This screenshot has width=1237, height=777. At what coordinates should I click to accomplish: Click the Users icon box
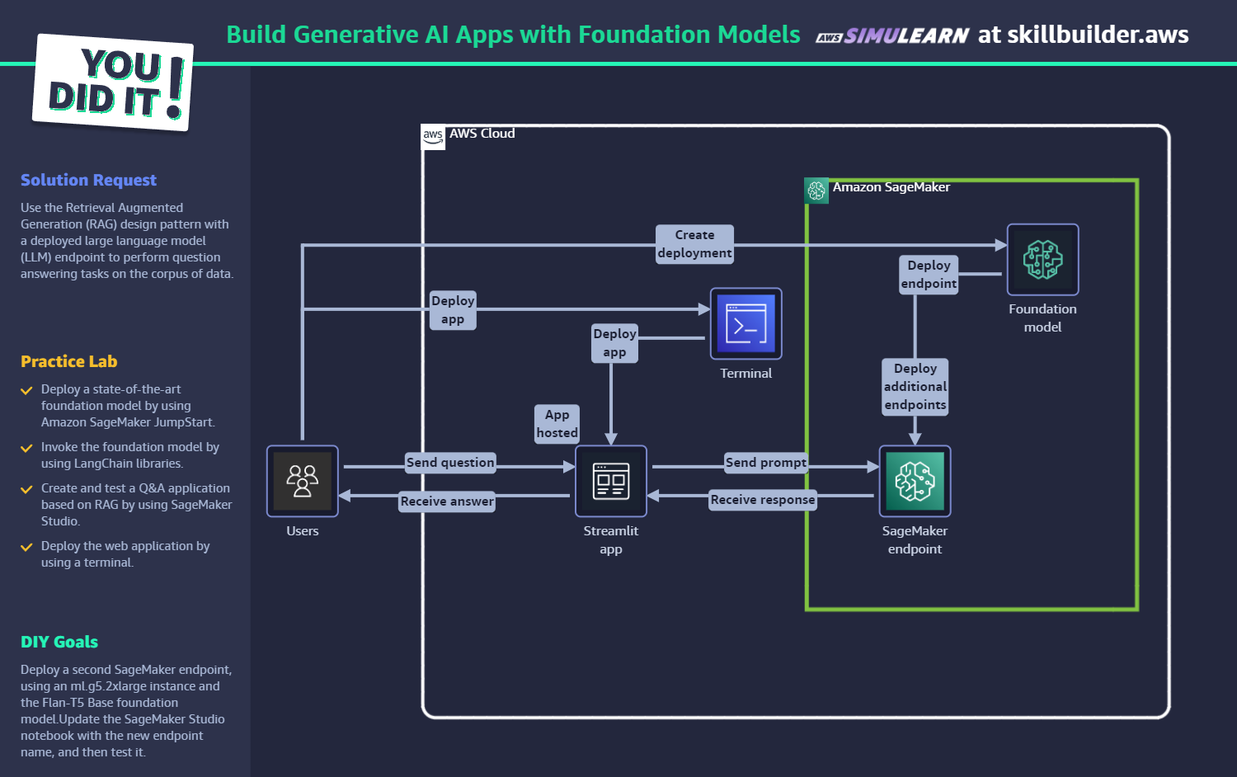pos(302,481)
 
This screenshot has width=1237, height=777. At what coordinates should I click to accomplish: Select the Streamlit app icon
pos(611,481)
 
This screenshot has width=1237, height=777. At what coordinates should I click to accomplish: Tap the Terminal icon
pos(746,323)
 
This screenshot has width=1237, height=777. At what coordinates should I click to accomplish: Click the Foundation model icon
pos(1042,260)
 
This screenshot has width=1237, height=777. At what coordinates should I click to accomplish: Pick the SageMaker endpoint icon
pos(915,481)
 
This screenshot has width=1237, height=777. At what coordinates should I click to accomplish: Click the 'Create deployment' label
pos(694,244)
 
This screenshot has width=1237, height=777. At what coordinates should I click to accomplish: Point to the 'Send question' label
pos(450,462)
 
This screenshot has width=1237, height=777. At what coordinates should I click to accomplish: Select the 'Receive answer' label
pos(447,501)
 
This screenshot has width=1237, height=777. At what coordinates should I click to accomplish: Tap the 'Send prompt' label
pos(766,462)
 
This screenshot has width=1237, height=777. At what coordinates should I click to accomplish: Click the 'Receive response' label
pos(763,499)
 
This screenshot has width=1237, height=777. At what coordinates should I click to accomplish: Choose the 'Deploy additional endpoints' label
pos(915,387)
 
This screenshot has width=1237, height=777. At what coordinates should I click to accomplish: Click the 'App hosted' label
pos(557,424)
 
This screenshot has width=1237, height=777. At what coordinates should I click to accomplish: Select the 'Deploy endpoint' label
pos(929,275)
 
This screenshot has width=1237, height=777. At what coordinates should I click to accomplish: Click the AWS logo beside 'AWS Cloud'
pos(433,136)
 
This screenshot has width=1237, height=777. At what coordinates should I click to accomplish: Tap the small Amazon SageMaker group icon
pos(816,191)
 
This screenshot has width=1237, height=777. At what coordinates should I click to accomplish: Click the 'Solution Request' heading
pos(88,180)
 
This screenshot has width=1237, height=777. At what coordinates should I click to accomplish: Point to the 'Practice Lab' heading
pos(69,361)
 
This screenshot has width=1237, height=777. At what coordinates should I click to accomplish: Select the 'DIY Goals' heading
pos(59,642)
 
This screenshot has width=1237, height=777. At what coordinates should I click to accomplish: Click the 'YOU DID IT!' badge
pos(113,82)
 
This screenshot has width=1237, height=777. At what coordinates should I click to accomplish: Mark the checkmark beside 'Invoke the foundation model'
pos(26,448)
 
